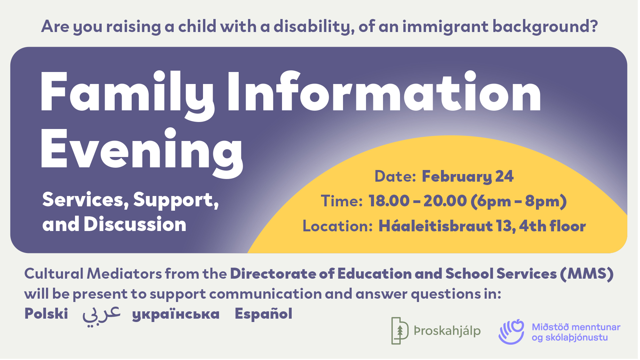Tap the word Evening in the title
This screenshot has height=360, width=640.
(x=142, y=150)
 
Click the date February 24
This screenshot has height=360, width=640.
(x=467, y=176)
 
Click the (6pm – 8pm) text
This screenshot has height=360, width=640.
(x=518, y=201)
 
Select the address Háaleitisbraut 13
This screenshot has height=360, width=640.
(x=447, y=226)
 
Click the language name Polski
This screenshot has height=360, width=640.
(x=46, y=314)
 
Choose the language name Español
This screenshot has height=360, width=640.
(x=263, y=314)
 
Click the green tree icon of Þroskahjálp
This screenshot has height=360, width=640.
(x=400, y=330)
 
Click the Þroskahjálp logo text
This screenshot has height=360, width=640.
(x=447, y=331)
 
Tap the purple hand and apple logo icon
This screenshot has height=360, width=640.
(x=511, y=331)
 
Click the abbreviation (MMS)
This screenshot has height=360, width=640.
(x=587, y=274)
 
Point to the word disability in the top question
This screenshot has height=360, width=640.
(x=313, y=26)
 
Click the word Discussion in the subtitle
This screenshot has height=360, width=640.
(x=135, y=224)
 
